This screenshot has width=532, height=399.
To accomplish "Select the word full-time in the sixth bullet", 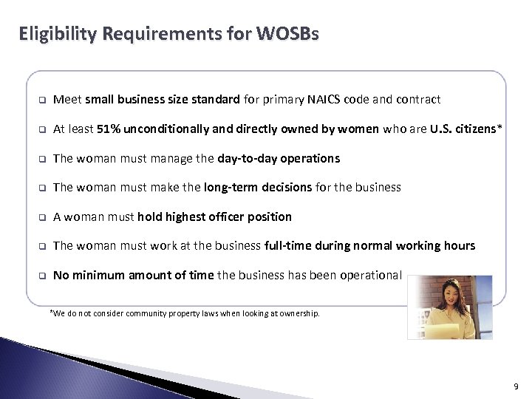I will pyautogui.click(x=288, y=246).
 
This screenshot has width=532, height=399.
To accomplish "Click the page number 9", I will pyautogui.click(x=514, y=385).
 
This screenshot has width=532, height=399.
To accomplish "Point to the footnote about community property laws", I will pyautogui.click(x=185, y=313).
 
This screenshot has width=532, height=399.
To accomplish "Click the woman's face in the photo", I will pyautogui.click(x=448, y=292).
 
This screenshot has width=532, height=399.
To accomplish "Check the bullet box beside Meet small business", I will pyautogui.click(x=44, y=100).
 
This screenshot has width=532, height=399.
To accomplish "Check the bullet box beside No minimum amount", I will pyautogui.click(x=44, y=276).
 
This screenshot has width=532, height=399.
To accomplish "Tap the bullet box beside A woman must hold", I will pyautogui.click(x=44, y=217).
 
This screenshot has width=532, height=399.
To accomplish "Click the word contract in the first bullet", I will pyautogui.click(x=419, y=99).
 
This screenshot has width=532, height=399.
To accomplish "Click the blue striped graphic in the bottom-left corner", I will pyautogui.click(x=52, y=369).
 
